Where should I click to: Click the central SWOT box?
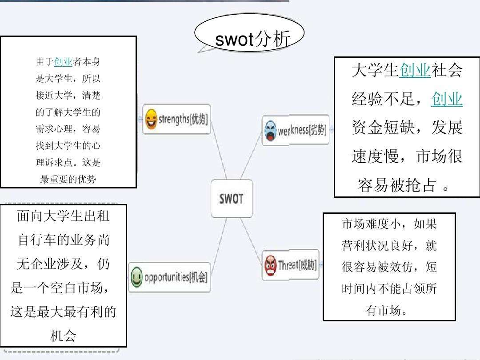(x=232, y=198)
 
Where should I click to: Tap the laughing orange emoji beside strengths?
(x=151, y=119)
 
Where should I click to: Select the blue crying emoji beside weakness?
(x=270, y=131)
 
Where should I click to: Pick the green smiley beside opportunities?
(x=136, y=277)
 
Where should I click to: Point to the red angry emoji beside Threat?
(x=270, y=265)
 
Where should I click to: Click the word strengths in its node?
(x=174, y=119)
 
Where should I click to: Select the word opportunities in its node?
(x=167, y=277)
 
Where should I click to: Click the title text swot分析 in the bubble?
(x=252, y=39)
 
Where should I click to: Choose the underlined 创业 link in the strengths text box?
(x=63, y=62)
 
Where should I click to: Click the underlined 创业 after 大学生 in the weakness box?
(x=415, y=70)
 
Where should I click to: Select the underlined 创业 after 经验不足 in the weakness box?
(x=447, y=99)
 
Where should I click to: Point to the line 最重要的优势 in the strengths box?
(x=68, y=179)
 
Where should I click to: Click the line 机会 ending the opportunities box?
(x=63, y=336)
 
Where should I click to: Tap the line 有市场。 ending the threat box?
(x=386, y=310)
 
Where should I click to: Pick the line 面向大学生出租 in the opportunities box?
(x=63, y=216)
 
